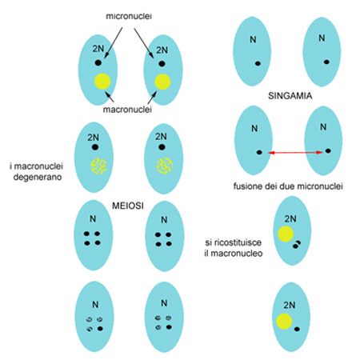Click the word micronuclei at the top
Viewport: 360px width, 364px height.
coord(129,16)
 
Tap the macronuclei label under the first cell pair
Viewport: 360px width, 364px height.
coord(127,110)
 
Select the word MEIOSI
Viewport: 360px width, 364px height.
coord(128,206)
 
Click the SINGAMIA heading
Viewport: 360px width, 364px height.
coord(290,96)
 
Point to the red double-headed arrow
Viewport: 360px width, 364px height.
coord(295,153)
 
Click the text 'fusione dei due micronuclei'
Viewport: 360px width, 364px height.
coord(288,186)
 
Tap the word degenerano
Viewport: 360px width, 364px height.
coord(38,177)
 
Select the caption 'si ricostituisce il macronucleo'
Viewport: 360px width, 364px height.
coord(234,248)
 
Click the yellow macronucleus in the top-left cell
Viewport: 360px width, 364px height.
coord(102,82)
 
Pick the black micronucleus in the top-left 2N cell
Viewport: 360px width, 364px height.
coord(98,63)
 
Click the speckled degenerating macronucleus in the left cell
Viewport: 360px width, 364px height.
coord(98,166)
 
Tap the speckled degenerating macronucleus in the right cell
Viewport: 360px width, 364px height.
coord(165,166)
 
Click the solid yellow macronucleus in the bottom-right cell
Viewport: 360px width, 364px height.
coord(284,321)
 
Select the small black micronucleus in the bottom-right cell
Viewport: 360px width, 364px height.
coord(297,330)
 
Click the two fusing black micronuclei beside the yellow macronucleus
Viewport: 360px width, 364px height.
coord(297,245)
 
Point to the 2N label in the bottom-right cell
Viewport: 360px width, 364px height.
coord(290,305)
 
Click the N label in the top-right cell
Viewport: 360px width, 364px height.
coord(322,38)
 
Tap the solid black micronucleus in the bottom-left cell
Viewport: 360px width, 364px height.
coord(100,329)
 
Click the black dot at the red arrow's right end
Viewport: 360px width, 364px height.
coord(328,151)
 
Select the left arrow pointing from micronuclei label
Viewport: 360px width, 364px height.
coord(114,42)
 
